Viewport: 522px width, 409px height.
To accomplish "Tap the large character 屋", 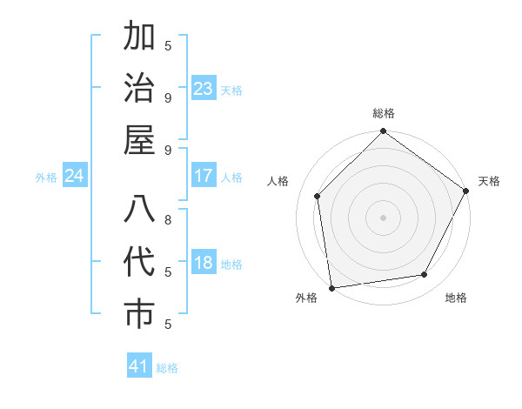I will (139, 141).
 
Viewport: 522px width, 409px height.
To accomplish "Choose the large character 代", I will (139, 263).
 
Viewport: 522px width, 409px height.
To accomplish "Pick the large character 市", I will (139, 315).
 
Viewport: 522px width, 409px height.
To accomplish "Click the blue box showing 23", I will (204, 89).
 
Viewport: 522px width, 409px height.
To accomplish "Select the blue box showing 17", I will (204, 177).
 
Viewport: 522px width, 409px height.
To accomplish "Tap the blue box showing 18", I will (204, 264).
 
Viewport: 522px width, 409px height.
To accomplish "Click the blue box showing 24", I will (75, 177).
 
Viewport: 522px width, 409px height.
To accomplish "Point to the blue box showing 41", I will (139, 366).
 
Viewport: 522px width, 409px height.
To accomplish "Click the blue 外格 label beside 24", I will (46, 178).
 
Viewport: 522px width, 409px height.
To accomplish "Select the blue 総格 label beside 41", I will (167, 368).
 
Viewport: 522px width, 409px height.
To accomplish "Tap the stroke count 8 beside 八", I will (168, 219).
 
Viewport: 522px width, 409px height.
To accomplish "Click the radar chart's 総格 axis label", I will (383, 113).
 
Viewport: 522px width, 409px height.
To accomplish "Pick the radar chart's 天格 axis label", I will (489, 181).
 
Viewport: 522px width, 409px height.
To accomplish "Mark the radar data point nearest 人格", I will (318, 196).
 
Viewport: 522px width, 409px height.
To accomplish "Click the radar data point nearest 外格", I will (331, 287).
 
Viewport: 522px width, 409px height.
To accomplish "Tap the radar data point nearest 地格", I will (425, 274).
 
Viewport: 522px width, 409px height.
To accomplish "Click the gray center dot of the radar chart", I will (383, 217).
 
